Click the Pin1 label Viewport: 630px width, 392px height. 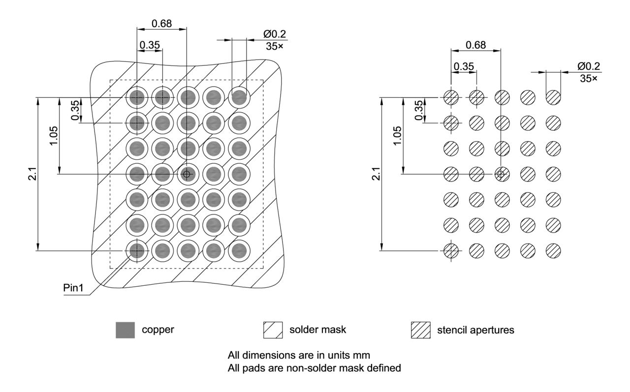point(73,288)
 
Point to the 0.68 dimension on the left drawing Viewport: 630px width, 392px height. point(161,24)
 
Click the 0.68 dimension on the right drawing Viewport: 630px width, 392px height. point(475,45)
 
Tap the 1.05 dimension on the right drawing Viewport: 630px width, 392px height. point(398,135)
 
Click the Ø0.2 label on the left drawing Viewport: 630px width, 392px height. point(275,34)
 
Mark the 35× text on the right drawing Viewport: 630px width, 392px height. point(588,78)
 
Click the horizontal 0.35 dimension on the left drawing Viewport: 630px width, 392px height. point(150,45)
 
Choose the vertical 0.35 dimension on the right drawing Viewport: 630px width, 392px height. point(418,110)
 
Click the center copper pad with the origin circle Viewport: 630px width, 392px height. point(187,174)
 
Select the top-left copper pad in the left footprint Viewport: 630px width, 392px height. point(137,97)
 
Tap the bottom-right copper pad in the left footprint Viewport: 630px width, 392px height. point(239,251)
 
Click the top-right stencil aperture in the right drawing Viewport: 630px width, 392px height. point(553,97)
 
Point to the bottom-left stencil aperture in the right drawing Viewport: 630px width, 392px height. point(451,251)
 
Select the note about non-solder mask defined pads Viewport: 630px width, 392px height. point(315,367)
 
